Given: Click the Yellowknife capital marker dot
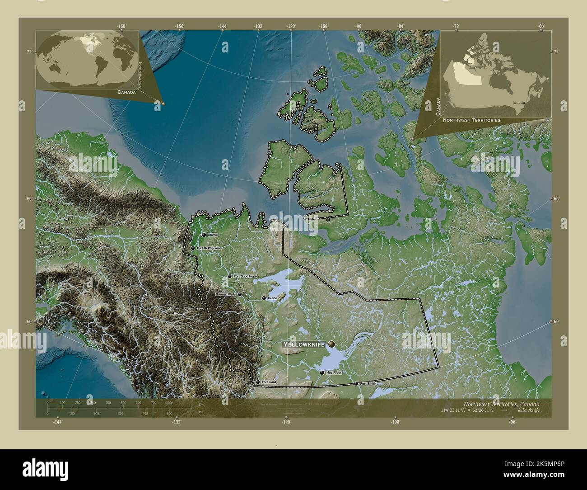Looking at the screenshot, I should coord(332,344).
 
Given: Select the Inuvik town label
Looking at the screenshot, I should coord(214,235).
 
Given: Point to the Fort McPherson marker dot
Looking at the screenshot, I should coord(193,248).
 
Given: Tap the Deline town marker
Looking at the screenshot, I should coord(264,298).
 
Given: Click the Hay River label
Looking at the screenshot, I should coord(334,373).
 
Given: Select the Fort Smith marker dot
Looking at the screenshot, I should coord(356,383).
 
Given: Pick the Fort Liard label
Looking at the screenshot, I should coord(269,382).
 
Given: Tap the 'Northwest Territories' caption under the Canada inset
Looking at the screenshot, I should coord(471,120).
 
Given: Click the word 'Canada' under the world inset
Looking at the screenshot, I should coord(126,92).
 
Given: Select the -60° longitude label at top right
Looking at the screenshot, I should coord(541,26).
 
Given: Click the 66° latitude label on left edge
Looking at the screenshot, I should coord(29,199).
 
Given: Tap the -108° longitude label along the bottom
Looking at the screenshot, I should coord(395,422).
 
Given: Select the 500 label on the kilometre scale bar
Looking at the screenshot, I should coord(123,402).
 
